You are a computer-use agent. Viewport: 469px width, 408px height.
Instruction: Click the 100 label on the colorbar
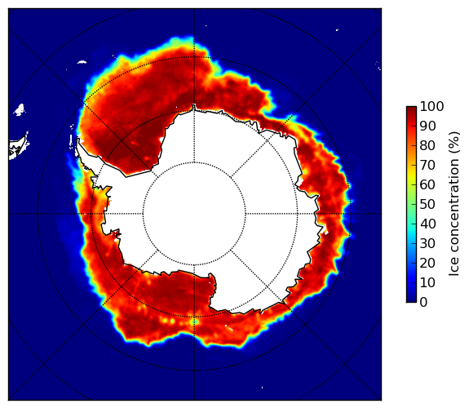tap(432, 106)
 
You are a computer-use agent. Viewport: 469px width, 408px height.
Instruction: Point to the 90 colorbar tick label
tap(427, 126)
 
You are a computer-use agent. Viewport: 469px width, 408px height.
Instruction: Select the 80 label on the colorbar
tap(427, 146)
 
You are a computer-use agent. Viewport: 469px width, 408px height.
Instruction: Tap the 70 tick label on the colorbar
tap(427, 165)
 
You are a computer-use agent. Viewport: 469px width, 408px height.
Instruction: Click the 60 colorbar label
tap(427, 184)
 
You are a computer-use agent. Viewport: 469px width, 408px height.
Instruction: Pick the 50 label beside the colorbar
tap(427, 205)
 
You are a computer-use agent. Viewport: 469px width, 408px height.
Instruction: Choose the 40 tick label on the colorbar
tap(427, 224)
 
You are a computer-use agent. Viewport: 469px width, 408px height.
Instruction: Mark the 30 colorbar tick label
tap(427, 244)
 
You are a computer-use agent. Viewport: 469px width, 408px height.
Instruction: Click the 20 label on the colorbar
tap(427, 263)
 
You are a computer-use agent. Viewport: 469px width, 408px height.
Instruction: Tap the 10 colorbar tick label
tap(427, 282)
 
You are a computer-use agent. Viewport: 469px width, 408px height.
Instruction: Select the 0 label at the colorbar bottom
tap(424, 303)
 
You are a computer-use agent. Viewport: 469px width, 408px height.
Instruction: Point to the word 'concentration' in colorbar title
tap(454, 208)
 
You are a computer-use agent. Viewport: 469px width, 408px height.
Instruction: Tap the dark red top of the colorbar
tap(411, 109)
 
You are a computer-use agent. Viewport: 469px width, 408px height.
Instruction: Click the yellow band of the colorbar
tap(411, 176)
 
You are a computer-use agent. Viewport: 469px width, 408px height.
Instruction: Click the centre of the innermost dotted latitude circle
tap(194, 214)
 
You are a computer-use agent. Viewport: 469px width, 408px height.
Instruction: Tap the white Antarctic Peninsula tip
tap(77, 140)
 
